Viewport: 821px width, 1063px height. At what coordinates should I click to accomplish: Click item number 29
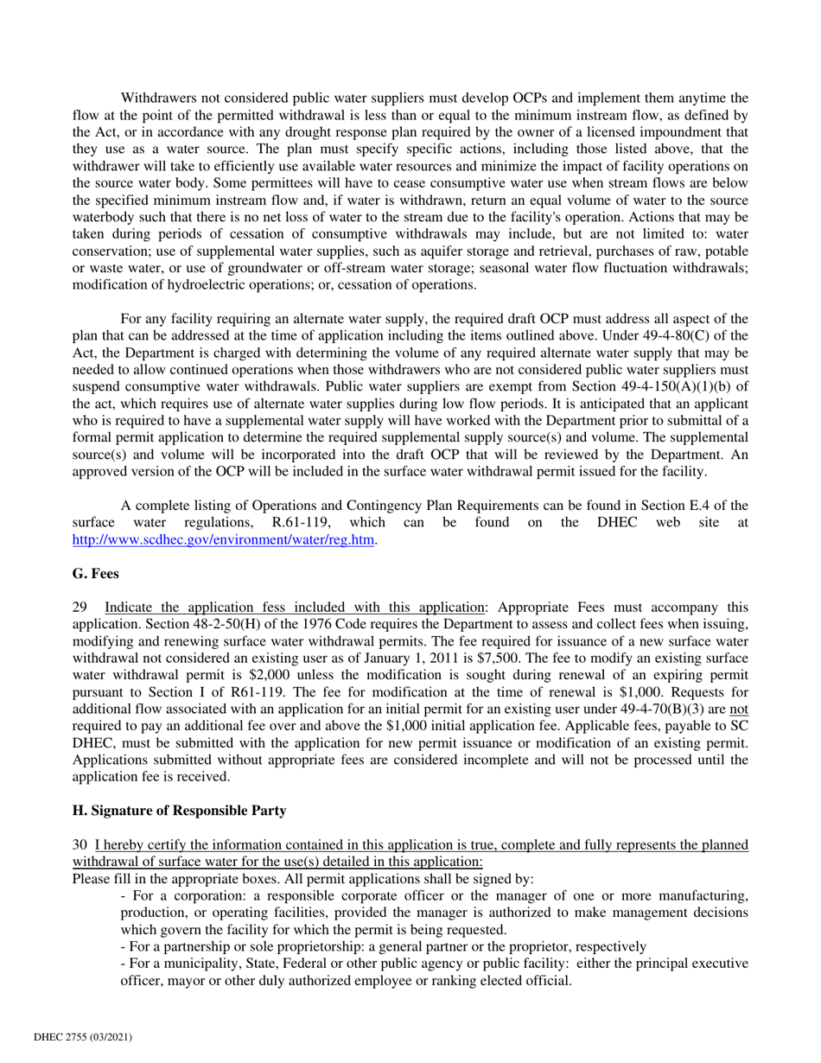click(x=78, y=606)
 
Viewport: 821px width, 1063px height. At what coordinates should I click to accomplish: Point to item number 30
click(x=78, y=843)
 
